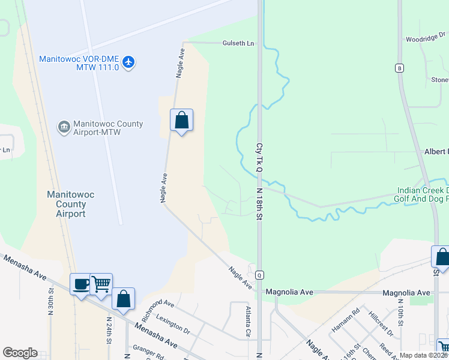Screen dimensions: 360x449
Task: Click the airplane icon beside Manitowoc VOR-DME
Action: pyautogui.click(x=128, y=62)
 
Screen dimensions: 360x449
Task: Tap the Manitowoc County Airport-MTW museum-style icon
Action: pyautogui.click(x=64, y=127)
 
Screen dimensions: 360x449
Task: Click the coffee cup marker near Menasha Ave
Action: pyautogui.click(x=80, y=284)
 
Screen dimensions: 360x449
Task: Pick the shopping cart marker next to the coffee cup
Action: pyautogui.click(x=101, y=284)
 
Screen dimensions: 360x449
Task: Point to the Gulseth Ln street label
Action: pyautogui.click(x=238, y=44)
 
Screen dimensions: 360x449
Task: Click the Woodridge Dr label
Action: pyautogui.click(x=425, y=38)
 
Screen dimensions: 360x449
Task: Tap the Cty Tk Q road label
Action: pyautogui.click(x=260, y=158)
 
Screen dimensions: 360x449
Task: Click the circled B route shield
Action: pyautogui.click(x=399, y=68)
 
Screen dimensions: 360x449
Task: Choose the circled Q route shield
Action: pyautogui.click(x=260, y=275)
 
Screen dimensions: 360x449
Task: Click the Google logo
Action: pyautogui.click(x=20, y=353)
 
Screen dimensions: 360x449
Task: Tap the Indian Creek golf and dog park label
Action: pyautogui.click(x=422, y=194)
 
